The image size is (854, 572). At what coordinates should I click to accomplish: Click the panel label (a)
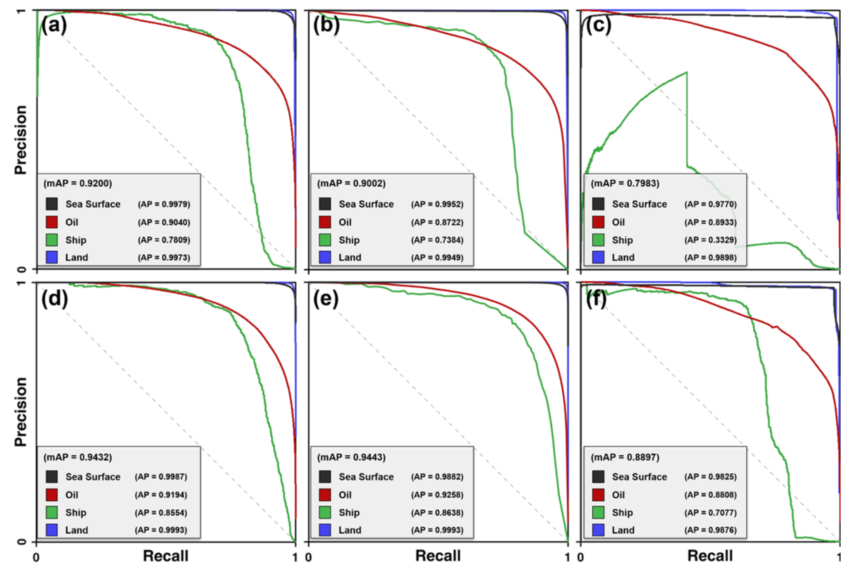pyautogui.click(x=54, y=25)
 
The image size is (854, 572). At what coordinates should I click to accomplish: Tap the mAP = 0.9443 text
pyautogui.click(x=351, y=457)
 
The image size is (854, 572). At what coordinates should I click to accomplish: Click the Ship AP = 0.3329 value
pyautogui.click(x=710, y=240)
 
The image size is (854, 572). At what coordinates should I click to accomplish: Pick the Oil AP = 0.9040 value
pyautogui.click(x=164, y=222)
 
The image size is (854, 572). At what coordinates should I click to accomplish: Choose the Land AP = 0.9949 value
pyautogui.click(x=437, y=258)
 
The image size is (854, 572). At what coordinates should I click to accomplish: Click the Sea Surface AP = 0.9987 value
pyautogui.click(x=161, y=477)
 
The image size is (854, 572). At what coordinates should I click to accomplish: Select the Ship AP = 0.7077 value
pyautogui.click(x=710, y=512)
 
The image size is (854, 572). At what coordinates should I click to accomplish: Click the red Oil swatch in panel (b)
pyautogui.click(x=325, y=222)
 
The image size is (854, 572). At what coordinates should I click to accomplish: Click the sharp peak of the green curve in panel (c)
pyautogui.click(x=686, y=72)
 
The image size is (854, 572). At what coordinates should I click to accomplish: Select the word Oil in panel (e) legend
pyautogui.click(x=345, y=495)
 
